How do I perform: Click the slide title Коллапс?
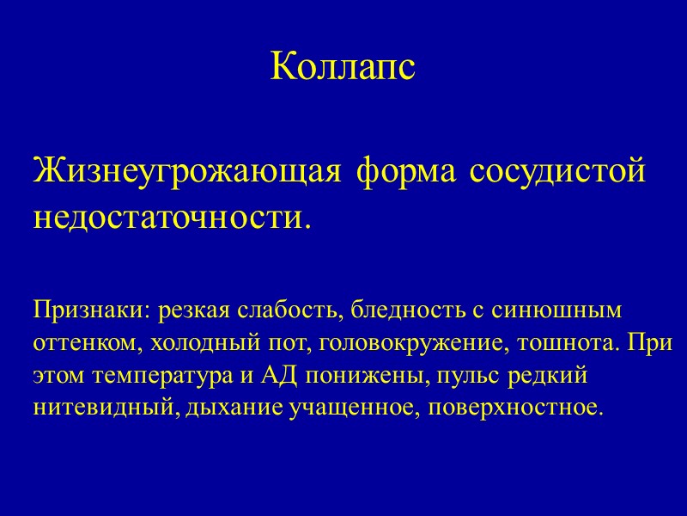tap(343, 67)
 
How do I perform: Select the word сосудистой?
tap(558, 170)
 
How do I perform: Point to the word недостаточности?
tap(168, 216)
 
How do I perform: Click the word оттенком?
tap(88, 342)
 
